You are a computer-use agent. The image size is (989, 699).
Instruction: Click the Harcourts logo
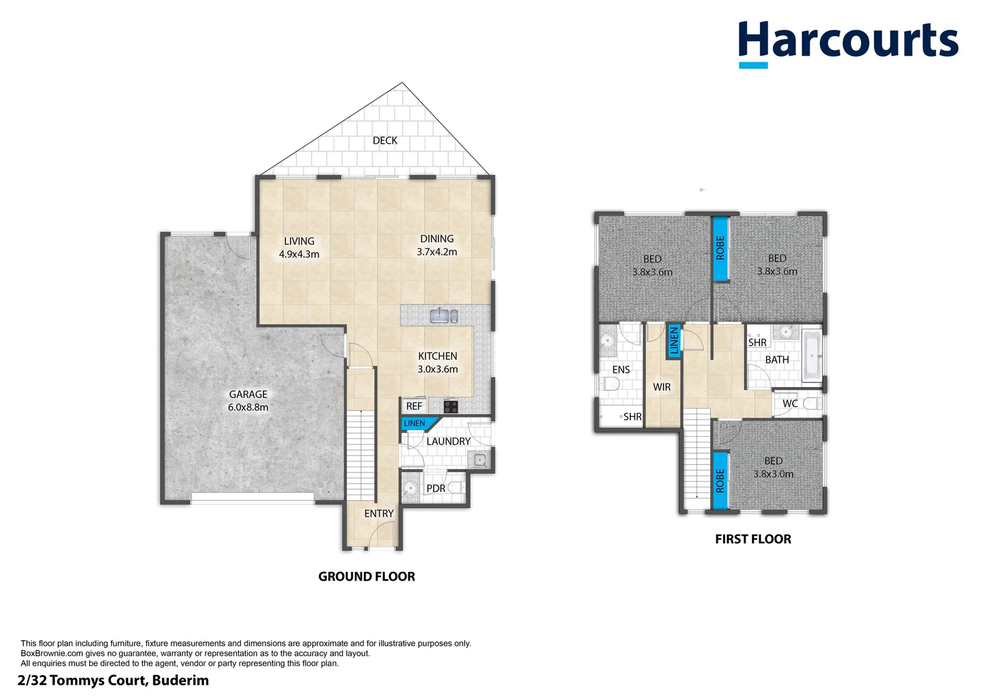click(x=848, y=42)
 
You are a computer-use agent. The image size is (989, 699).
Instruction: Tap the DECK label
click(x=384, y=140)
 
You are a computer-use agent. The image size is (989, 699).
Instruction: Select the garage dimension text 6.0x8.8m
click(x=248, y=407)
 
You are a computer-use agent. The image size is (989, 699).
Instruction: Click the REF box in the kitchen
click(x=414, y=406)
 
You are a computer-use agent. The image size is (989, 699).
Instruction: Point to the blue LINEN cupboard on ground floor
click(x=416, y=423)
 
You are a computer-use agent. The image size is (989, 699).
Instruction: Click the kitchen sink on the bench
click(x=441, y=316)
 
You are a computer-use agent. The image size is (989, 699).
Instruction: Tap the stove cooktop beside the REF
click(x=451, y=406)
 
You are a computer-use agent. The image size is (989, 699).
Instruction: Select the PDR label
click(x=436, y=488)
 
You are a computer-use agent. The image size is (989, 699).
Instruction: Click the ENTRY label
click(x=379, y=513)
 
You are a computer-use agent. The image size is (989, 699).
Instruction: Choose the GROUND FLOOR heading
click(x=366, y=576)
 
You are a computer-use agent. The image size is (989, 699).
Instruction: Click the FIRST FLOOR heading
click(x=753, y=538)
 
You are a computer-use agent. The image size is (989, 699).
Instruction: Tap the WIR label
click(x=661, y=387)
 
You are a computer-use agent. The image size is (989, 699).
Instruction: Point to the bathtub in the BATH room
click(x=812, y=355)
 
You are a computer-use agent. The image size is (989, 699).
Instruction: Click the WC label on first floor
click(x=790, y=403)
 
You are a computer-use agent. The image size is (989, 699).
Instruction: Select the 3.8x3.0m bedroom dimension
click(x=773, y=474)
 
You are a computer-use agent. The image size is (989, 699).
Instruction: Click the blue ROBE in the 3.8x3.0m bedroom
click(x=720, y=481)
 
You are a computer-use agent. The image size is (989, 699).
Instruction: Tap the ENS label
click(x=621, y=370)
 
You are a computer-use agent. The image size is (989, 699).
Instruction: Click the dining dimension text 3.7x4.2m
click(x=437, y=252)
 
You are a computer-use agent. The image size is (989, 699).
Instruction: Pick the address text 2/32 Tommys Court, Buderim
click(x=113, y=680)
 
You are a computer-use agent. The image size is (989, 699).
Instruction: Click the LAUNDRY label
click(x=448, y=441)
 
